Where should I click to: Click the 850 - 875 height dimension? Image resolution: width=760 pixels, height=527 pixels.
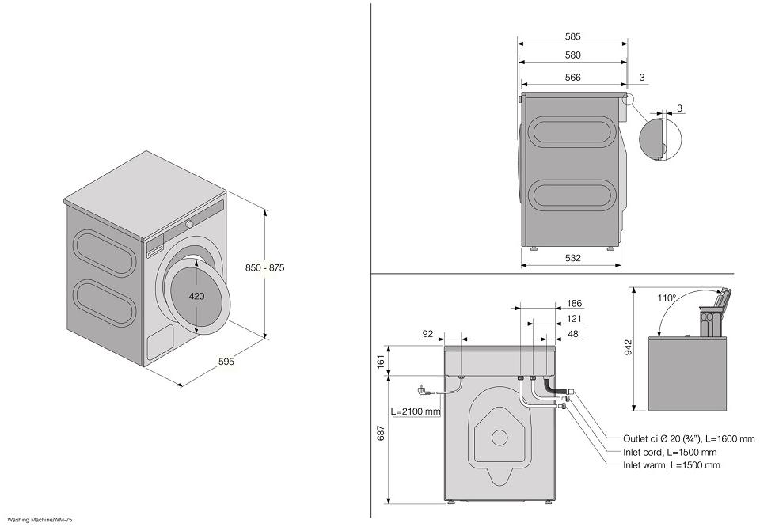coord(264,267)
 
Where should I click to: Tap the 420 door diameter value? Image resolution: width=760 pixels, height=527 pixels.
coord(197,296)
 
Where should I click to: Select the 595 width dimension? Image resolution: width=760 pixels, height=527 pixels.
coord(226,362)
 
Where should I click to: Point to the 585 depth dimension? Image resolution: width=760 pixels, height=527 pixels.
coord(573,36)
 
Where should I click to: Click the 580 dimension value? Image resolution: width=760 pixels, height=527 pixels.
coord(573,55)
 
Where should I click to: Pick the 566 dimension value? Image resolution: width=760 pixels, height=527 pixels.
coord(573,78)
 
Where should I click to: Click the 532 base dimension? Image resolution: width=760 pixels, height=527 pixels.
coord(573,258)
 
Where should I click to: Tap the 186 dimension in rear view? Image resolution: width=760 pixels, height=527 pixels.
coord(575,303)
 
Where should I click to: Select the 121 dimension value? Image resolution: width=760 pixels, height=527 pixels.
coord(575,319)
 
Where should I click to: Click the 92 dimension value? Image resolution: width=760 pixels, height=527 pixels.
coord(428,334)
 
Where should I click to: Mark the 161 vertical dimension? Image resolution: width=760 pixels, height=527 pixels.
coord(382,361)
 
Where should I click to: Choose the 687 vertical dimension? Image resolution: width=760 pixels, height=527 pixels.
coord(382,434)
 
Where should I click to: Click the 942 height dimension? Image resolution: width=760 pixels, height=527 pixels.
coord(628,348)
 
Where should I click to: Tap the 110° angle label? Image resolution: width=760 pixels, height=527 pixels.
coord(667,298)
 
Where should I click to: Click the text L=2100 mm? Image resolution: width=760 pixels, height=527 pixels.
coord(416,411)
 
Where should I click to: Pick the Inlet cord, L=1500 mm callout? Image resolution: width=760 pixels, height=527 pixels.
coord(670,452)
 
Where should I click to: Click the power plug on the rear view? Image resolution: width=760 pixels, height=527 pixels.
coord(421,389)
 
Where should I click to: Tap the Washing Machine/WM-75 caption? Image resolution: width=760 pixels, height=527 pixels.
coord(40,520)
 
